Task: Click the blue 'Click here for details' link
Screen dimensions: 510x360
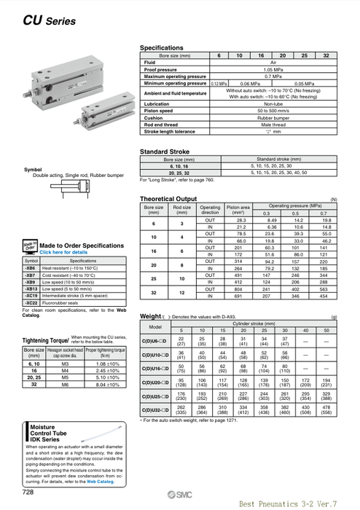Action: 66,251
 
